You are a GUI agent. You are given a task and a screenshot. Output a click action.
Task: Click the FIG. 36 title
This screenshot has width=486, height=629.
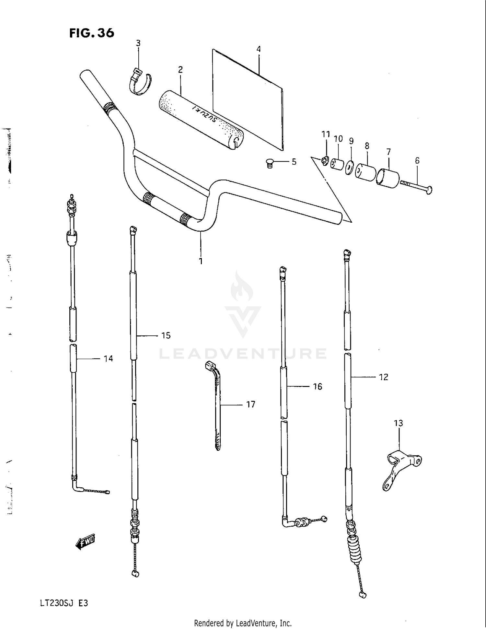tap(92, 33)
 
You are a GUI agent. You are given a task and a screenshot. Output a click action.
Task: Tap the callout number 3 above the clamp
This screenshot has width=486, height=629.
tap(138, 43)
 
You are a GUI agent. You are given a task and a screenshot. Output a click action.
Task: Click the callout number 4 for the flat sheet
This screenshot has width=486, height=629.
tap(258, 49)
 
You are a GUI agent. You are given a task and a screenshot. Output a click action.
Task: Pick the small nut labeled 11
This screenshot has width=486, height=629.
tap(325, 160)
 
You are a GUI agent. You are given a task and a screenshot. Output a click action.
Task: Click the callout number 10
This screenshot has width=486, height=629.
tap(338, 139)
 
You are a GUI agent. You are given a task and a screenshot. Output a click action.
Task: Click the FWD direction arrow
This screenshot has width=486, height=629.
tap(85, 541)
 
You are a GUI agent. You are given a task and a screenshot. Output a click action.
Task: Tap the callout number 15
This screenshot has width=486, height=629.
tap(166, 336)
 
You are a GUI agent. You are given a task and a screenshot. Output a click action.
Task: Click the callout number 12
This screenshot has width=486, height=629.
tap(383, 377)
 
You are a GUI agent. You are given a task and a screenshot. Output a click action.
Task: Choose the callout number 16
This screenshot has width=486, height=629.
tap(318, 386)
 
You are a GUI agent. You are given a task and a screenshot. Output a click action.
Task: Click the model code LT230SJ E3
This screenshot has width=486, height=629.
tap(64, 603)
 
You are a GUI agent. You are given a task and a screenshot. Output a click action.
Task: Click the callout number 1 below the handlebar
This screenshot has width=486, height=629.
tap(201, 261)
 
